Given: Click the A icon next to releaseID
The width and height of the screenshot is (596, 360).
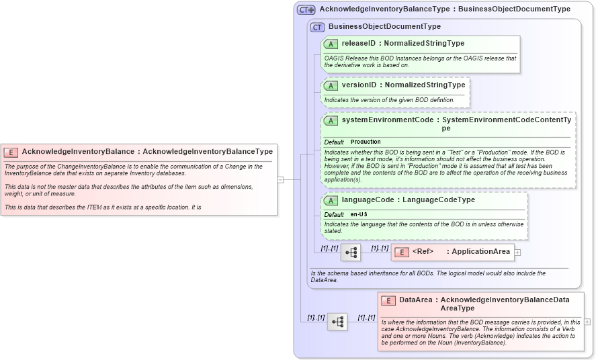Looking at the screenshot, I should pos(331,44).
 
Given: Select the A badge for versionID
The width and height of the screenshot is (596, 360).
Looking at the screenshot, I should pos(331,85).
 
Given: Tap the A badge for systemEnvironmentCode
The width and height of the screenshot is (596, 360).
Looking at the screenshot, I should pos(331,121).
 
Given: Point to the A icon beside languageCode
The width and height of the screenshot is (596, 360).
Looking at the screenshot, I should pos(331,200).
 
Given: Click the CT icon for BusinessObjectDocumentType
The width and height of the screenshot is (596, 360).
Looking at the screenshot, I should pos(317,27).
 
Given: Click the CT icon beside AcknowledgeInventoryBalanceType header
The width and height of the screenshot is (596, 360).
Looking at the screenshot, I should pos(306,9).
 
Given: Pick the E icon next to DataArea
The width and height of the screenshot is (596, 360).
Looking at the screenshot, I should pos(388,301).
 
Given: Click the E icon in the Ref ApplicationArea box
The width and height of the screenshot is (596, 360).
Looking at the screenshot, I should pos(401,252).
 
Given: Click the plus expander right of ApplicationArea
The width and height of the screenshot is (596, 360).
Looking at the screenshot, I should pos(517,253).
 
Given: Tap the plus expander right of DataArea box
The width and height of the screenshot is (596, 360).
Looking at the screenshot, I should pos(588,322).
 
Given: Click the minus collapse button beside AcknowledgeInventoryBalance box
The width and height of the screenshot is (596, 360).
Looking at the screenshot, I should pos(280,179).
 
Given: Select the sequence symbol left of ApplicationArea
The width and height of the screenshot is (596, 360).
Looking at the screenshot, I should pos(351,253).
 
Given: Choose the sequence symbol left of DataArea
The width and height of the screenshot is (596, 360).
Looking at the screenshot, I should pos(337,322).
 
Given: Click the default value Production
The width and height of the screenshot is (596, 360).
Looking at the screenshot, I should pos(366,142).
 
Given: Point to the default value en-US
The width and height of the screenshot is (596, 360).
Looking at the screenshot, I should pos(359,214).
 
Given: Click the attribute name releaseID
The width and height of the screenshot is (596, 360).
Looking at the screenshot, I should pos(359,44).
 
